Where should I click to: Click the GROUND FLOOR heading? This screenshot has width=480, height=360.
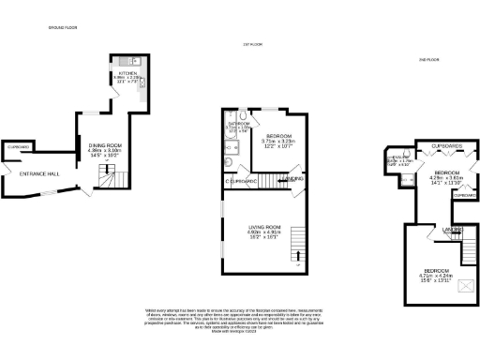(61, 28)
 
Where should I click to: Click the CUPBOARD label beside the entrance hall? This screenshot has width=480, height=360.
(19, 148)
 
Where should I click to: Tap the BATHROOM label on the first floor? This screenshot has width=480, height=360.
(237, 123)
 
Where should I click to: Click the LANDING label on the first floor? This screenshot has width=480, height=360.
(294, 178)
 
